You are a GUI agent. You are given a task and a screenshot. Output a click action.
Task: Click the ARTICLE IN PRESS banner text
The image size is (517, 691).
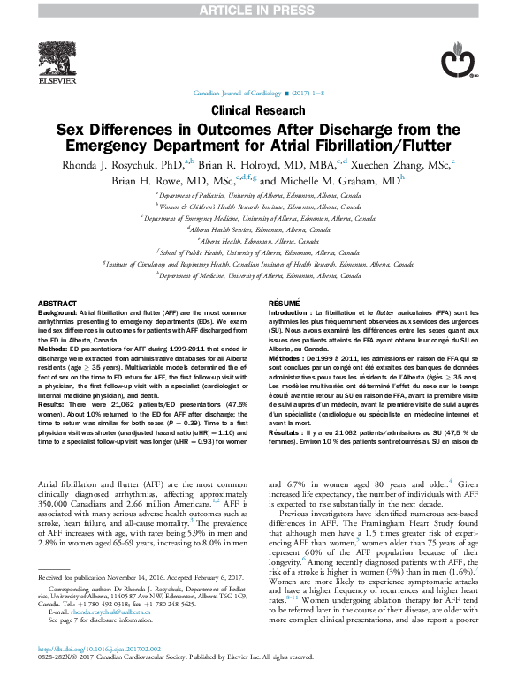258,9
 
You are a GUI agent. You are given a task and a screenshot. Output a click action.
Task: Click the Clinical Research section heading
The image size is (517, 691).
258,110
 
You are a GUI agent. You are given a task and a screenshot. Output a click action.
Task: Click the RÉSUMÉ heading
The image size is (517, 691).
284,303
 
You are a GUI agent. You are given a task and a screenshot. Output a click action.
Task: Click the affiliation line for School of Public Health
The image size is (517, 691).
259,252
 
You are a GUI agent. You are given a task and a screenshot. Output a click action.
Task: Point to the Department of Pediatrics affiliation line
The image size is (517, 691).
259,194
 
